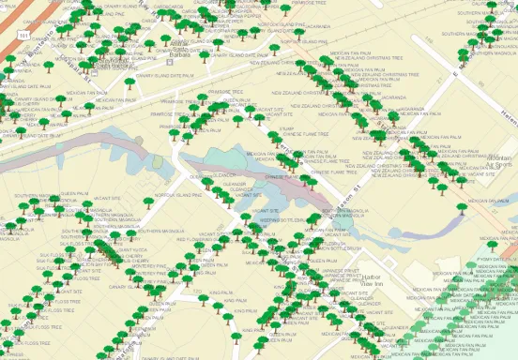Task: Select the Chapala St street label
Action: [x=75, y=71]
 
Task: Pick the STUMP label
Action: [x=287, y=129]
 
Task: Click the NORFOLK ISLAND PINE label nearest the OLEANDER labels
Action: [x=178, y=195]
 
